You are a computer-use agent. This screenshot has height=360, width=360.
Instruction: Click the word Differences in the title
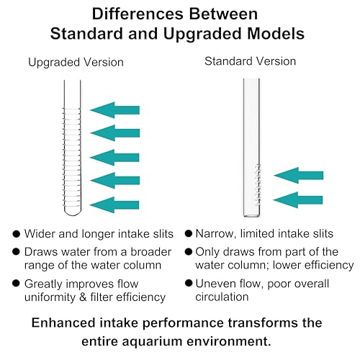[138, 14]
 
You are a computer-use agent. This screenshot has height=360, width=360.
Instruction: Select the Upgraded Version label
[76, 63]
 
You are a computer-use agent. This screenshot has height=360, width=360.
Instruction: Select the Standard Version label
[250, 61]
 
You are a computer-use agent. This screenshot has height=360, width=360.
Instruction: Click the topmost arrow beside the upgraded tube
[114, 110]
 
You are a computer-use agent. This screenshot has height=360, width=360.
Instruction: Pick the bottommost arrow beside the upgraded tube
[114, 205]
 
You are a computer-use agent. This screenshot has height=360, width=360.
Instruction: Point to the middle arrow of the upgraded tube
[114, 158]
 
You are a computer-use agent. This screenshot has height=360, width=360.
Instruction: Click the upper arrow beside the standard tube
[298, 176]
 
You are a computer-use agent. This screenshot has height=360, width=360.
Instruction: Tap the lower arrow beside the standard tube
[298, 200]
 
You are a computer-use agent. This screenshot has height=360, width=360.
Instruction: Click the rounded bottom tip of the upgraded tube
[73, 215]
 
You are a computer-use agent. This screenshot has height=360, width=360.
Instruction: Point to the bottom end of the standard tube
[252, 216]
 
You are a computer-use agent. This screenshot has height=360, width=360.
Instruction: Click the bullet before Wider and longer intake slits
[16, 234]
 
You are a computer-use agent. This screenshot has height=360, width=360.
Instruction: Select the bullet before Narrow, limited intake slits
[189, 233]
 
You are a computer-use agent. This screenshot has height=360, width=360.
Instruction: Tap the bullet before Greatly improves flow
[16, 283]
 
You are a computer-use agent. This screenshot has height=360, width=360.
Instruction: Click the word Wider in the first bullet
[40, 234]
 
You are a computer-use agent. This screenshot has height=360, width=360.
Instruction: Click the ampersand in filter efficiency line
[83, 297]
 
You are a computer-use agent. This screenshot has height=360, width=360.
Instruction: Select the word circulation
[222, 297]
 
